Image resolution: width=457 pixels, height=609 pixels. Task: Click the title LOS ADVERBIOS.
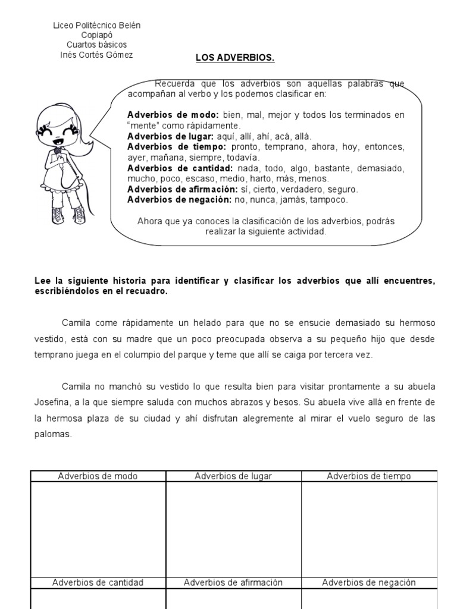(x=236, y=58)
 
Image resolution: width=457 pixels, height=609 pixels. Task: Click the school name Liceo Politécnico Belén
(x=97, y=26)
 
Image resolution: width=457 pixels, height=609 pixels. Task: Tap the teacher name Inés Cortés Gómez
(x=97, y=55)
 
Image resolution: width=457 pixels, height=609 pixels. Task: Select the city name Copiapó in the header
(x=97, y=35)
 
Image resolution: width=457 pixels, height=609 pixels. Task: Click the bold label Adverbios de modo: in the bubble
(x=173, y=115)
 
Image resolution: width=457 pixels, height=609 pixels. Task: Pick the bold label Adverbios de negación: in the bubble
(x=178, y=199)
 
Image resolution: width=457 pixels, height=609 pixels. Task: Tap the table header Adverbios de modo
(x=98, y=476)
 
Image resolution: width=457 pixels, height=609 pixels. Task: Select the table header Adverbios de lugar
(x=233, y=476)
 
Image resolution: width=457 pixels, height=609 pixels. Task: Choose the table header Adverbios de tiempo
(x=369, y=476)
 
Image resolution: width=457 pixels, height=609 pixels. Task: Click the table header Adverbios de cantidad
(x=98, y=583)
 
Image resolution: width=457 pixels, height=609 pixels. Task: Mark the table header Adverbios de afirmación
(x=233, y=583)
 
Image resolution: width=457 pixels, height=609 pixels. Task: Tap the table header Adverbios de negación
(x=369, y=583)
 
